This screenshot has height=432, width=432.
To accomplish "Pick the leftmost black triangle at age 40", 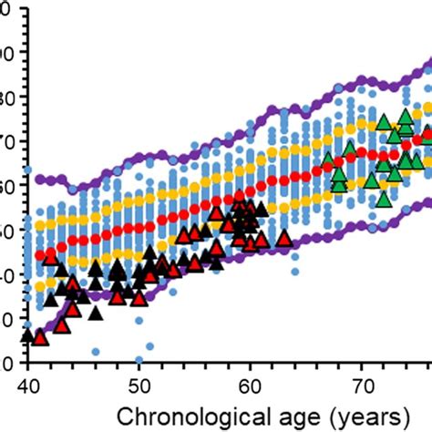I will point(27,334).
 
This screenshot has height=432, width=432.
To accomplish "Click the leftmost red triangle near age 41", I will point(40,337).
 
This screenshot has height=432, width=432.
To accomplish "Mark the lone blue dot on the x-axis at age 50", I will point(139,360).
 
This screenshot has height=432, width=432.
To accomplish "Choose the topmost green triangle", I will point(406,116).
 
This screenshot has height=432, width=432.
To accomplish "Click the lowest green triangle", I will point(385,198).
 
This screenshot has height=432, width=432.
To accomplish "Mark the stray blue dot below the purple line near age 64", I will point(294,272).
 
